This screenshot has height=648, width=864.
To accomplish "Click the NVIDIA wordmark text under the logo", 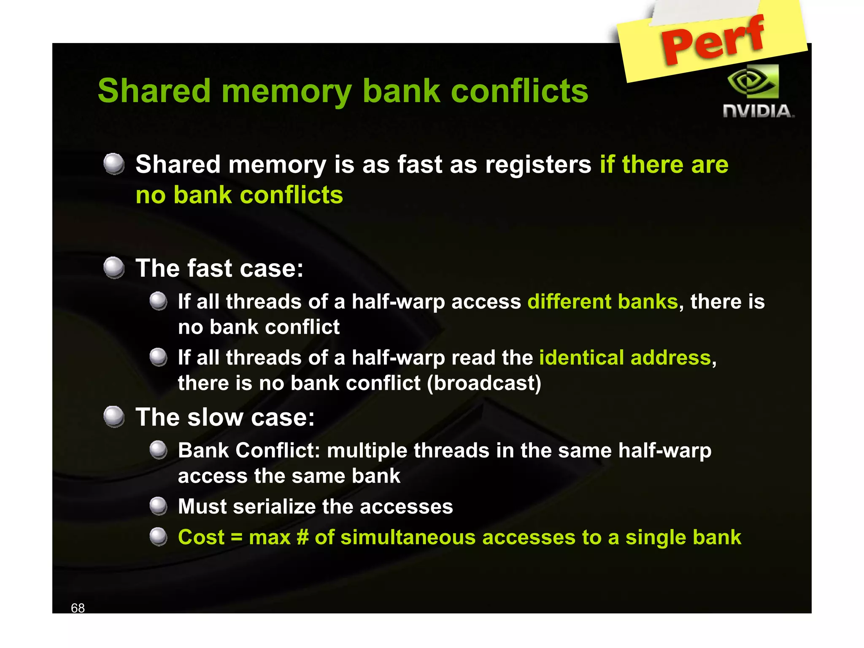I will pos(758,111).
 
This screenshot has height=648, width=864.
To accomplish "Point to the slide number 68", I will pos(78,608).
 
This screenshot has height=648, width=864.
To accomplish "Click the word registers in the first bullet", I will pos(538,164).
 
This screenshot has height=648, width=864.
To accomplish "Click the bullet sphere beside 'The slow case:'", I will pos(114,416).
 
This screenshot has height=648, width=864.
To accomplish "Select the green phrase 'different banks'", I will pos(602,302).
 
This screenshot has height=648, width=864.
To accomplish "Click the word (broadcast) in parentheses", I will pos(484,383).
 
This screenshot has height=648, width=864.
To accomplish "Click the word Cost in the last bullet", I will pos(201,537).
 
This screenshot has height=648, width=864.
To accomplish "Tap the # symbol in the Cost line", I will pos(302,537).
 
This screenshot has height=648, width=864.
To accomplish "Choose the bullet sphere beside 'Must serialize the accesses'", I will pos(159,506).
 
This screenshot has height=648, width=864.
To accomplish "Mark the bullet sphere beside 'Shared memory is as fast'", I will pos(114,164).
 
